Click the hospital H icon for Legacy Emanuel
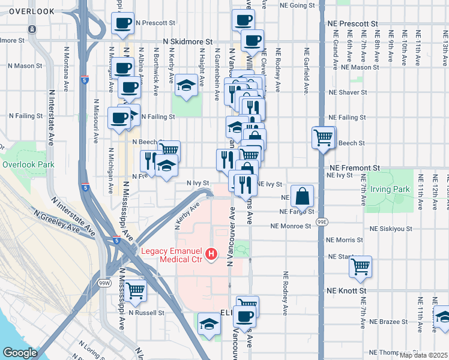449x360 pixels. [211, 254]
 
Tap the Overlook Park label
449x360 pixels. [28, 164]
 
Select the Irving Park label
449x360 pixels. [390, 190]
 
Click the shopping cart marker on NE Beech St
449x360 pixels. [324, 137]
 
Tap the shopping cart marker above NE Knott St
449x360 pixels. [360, 266]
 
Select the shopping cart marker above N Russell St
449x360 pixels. [136, 291]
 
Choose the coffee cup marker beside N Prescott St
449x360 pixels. [122, 24]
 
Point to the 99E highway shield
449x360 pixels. [322, 221]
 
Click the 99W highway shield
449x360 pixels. [104, 282]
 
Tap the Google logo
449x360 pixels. [20, 352]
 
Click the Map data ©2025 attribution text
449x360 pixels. [423, 355]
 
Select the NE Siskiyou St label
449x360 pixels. [394, 229]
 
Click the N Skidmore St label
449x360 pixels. [188, 42]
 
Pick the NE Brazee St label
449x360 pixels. [388, 322]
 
